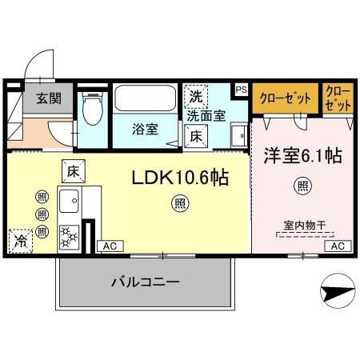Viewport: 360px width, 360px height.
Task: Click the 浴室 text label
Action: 146,126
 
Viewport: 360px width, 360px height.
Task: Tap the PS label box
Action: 241,89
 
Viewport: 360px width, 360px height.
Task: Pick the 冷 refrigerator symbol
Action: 18,239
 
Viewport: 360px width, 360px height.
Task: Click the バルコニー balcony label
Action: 144,282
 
